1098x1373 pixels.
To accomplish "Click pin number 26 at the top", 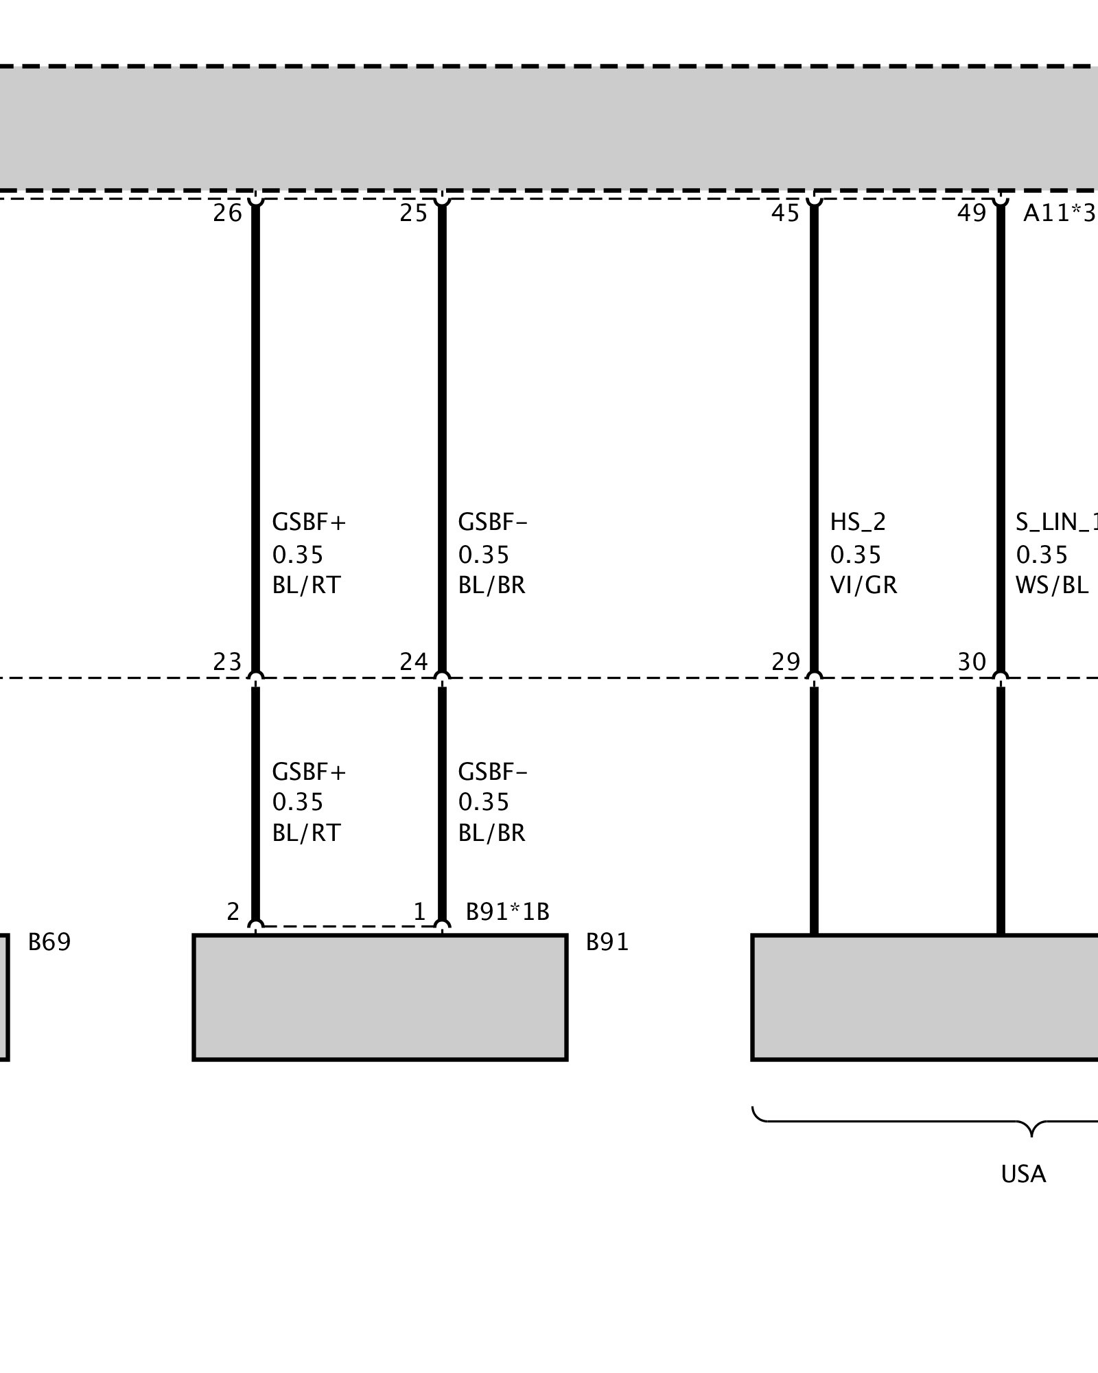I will click(x=227, y=214).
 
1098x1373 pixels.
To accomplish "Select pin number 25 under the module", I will click(x=413, y=214).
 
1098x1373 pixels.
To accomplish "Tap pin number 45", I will click(x=785, y=214).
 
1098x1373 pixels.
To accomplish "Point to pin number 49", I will click(x=972, y=214).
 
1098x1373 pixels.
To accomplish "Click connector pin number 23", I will click(x=227, y=662).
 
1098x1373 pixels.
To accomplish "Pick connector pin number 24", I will click(x=414, y=662).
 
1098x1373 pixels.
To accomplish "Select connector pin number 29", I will click(x=786, y=662).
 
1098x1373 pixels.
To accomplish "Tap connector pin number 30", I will click(x=972, y=662).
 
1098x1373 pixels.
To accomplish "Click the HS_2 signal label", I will click(x=858, y=522).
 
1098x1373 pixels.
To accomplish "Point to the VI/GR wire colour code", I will click(x=863, y=585).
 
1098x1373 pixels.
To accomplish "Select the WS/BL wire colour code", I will click(x=1051, y=585).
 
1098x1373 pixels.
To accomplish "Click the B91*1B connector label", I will click(x=507, y=912).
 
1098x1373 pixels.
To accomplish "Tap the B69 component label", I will click(x=49, y=943).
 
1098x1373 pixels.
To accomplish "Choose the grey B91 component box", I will click(x=379, y=997).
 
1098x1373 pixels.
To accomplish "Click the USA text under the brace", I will click(x=1023, y=1175).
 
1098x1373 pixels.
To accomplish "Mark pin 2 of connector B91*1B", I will click(x=233, y=912).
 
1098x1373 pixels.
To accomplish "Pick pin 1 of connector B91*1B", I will click(x=419, y=912).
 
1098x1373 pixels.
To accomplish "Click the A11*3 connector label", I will click(x=1059, y=214).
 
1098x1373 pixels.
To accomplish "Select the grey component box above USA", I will click(x=926, y=997).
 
